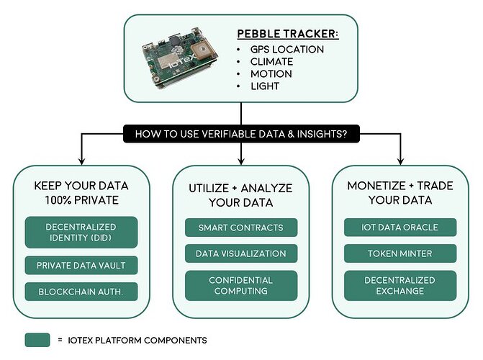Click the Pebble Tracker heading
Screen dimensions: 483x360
point(288,34)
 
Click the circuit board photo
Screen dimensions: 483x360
point(179,58)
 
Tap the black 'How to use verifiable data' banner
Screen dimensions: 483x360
point(241,134)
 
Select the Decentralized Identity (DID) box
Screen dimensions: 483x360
point(81,233)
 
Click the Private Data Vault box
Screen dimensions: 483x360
point(81,266)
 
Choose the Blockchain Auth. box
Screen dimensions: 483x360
point(81,292)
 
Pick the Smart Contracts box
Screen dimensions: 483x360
point(241,228)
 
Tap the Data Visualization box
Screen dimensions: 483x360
point(241,253)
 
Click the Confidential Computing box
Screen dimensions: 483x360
point(241,286)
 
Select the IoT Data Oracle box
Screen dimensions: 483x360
point(400,228)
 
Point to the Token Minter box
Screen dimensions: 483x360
point(400,253)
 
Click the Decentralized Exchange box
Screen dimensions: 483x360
point(400,286)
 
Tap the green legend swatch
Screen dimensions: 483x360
point(37,340)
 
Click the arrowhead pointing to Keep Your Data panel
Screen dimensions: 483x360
point(81,161)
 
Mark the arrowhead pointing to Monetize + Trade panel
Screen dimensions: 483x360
point(400,161)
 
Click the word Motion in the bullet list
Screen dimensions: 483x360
point(271,74)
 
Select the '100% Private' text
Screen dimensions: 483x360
point(81,200)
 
